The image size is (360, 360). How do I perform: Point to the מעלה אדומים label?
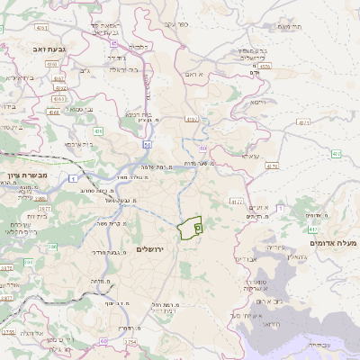(x=333, y=243)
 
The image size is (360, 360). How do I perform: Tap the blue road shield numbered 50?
(x=145, y=144)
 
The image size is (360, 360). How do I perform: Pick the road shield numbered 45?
(x=114, y=42)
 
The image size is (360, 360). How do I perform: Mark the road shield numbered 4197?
(x=191, y=118)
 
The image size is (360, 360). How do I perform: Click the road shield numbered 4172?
(x=236, y=202)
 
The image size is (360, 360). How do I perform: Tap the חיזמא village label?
(x=259, y=103)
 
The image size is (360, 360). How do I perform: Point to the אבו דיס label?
(x=246, y=259)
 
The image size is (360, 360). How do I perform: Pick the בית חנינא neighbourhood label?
(x=137, y=114)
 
